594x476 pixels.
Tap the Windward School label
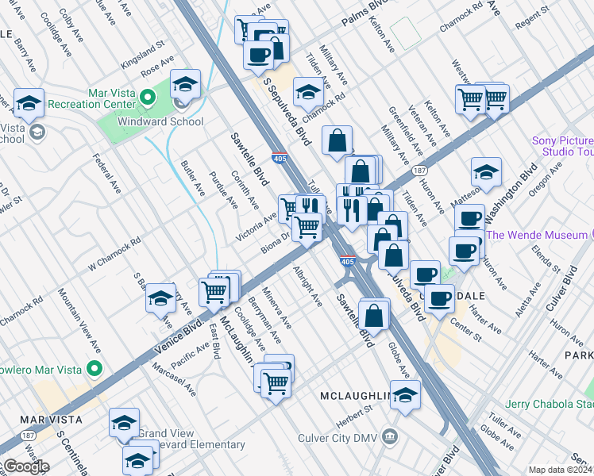(x=160, y=122)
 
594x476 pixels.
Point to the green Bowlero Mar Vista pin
(x=94, y=369)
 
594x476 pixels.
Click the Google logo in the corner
(x=25, y=466)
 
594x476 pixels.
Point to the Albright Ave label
(x=308, y=287)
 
